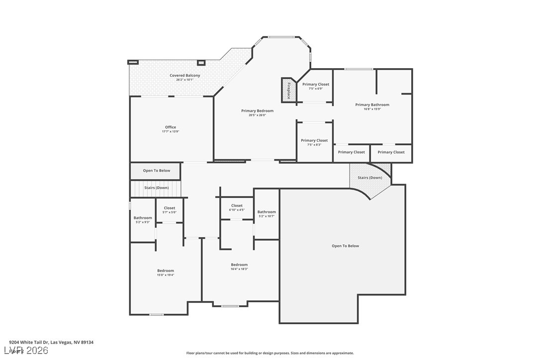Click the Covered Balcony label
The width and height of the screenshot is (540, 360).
[184, 76]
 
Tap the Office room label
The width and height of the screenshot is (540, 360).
[171, 127]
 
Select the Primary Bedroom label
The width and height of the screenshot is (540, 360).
[257, 111]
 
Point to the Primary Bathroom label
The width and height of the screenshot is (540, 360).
[372, 105]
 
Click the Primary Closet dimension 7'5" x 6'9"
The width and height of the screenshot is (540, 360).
[316, 89]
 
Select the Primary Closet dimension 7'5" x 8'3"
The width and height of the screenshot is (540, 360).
[314, 145]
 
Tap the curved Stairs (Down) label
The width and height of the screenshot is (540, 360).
[369, 178]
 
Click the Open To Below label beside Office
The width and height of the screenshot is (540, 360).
[156, 171]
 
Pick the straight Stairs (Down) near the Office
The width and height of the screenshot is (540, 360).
[156, 188]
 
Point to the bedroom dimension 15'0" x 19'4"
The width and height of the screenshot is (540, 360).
[166, 275]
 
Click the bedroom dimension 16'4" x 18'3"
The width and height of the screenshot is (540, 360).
[239, 269]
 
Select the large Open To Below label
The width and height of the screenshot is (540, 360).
[345, 246]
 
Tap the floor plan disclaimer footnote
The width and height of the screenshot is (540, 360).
[270, 353]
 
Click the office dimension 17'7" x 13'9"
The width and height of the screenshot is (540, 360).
[171, 132]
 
